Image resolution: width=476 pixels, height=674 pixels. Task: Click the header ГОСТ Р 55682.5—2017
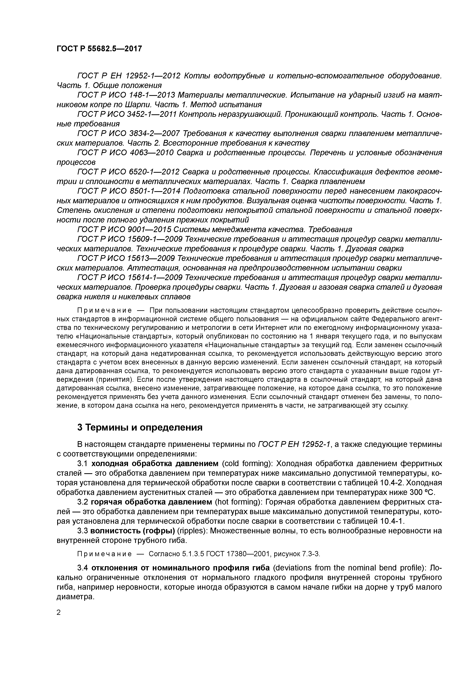click(99, 48)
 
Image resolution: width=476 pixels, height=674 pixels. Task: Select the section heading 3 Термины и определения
click(140, 427)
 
